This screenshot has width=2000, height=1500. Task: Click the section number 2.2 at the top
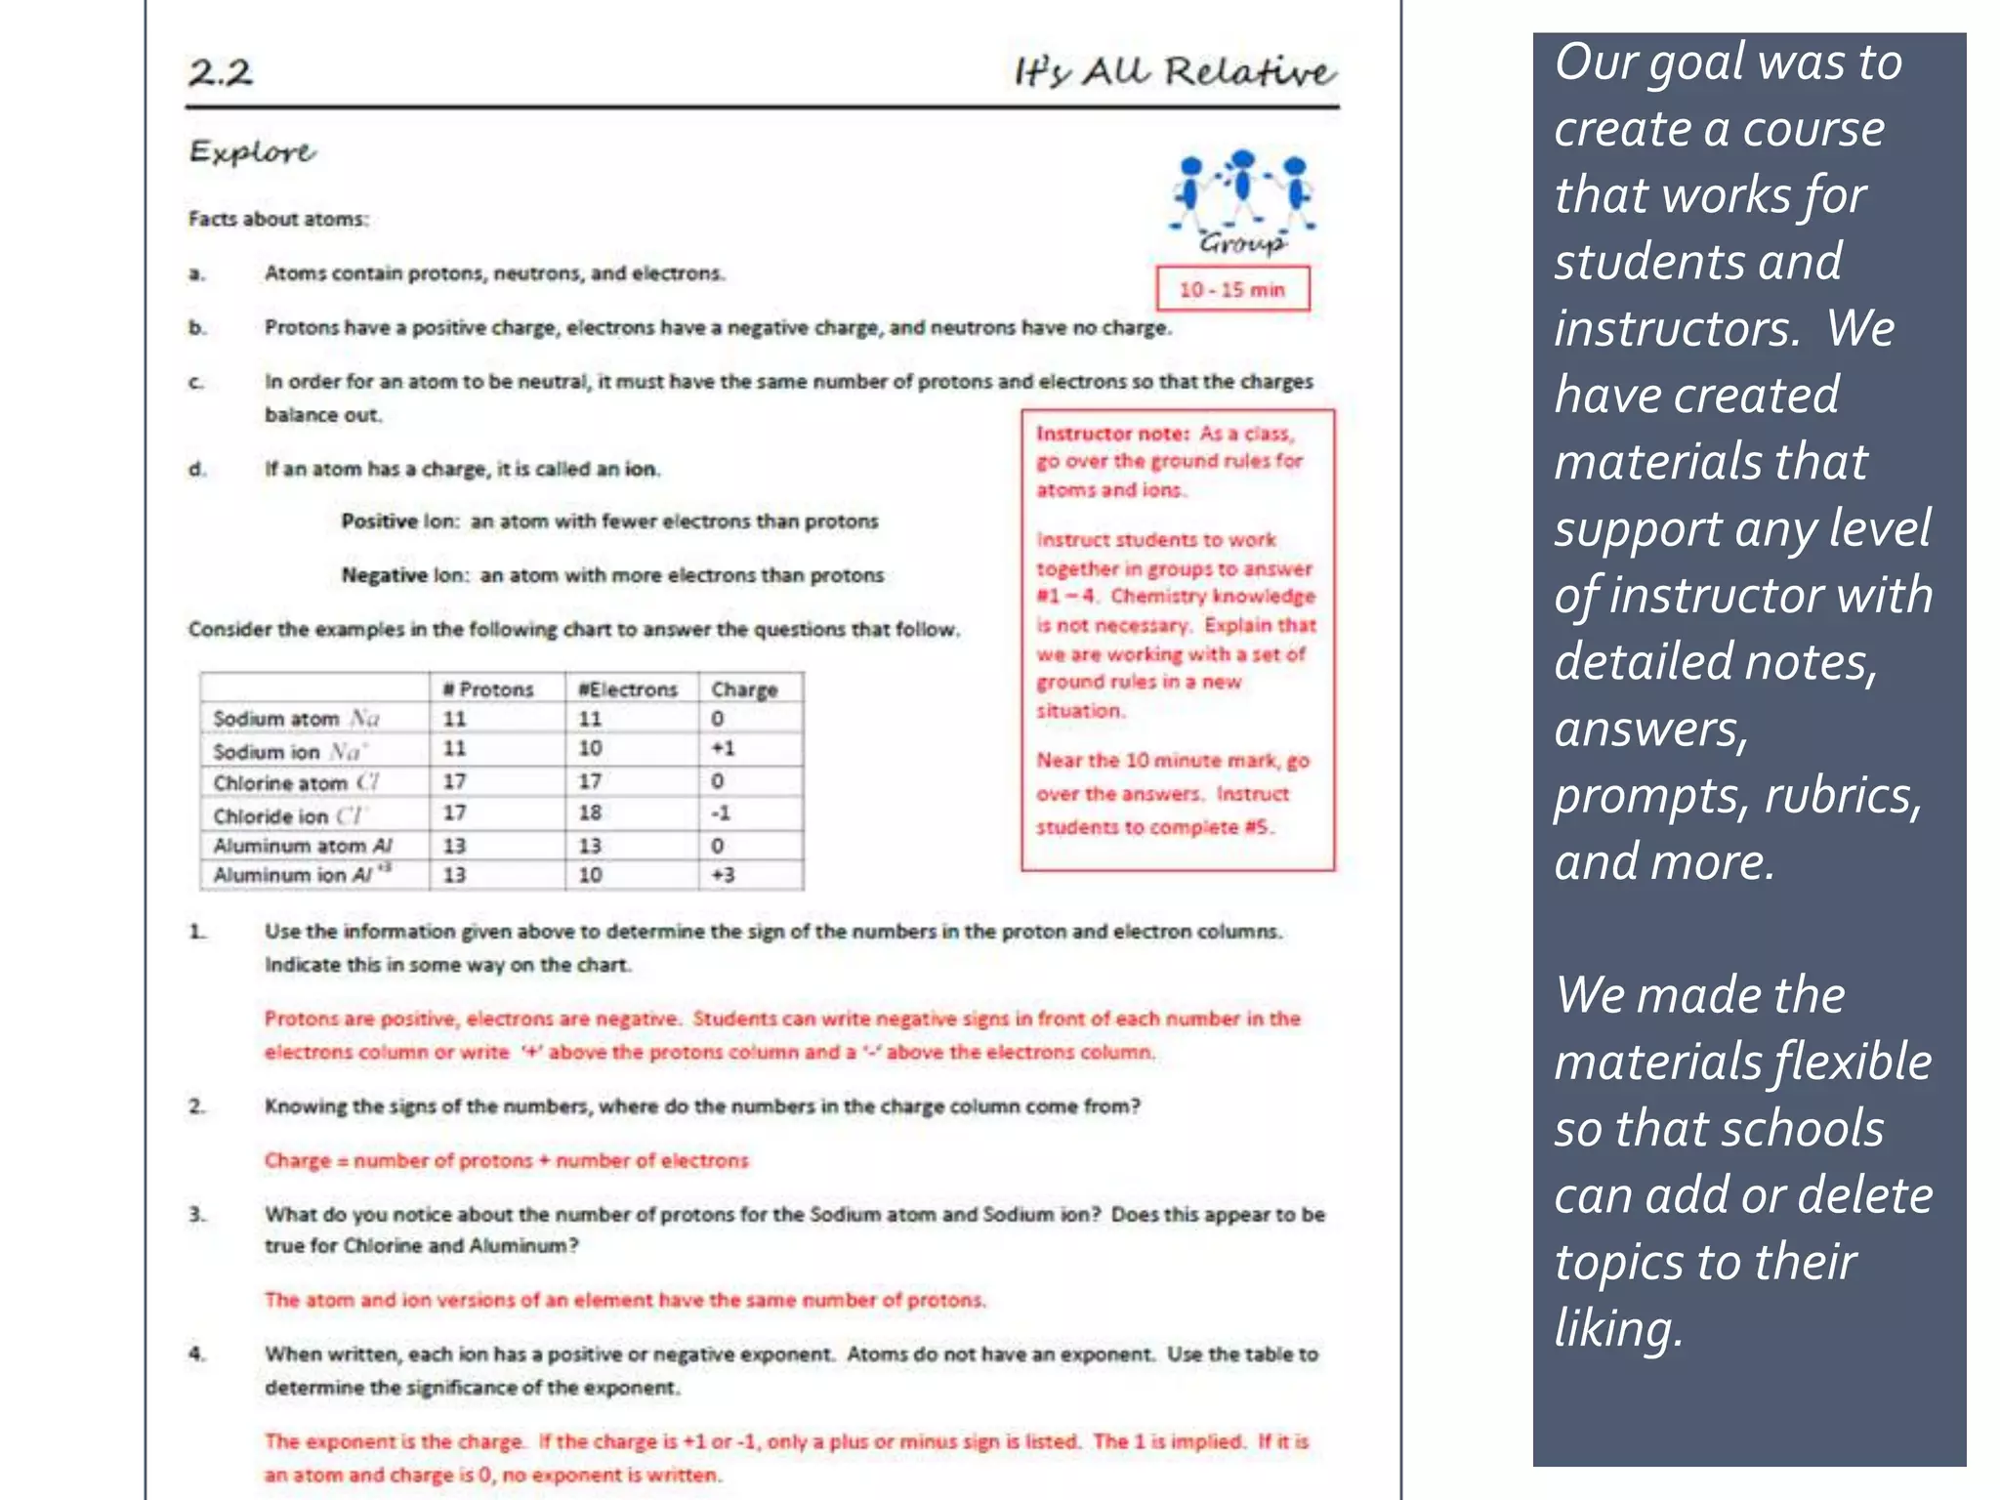click(x=221, y=72)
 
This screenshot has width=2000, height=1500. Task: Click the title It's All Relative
click(x=1174, y=72)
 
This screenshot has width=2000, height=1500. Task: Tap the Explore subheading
click(x=252, y=152)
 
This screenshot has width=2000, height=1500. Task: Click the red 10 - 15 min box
click(x=1231, y=289)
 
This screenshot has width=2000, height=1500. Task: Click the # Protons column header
click(x=488, y=689)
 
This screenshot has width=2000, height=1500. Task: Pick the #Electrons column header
click(x=628, y=689)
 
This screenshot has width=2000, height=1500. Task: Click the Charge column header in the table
click(x=744, y=689)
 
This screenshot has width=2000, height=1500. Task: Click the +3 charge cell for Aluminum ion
click(x=723, y=875)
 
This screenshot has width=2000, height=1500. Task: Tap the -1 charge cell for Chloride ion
click(x=721, y=812)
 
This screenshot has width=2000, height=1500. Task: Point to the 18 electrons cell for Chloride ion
click(x=590, y=812)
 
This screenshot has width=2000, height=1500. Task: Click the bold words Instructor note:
click(x=1112, y=434)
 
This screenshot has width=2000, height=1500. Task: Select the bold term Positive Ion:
click(x=399, y=521)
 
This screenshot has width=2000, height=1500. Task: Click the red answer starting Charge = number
click(x=506, y=1160)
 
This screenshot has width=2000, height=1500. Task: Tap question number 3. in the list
click(x=197, y=1214)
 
